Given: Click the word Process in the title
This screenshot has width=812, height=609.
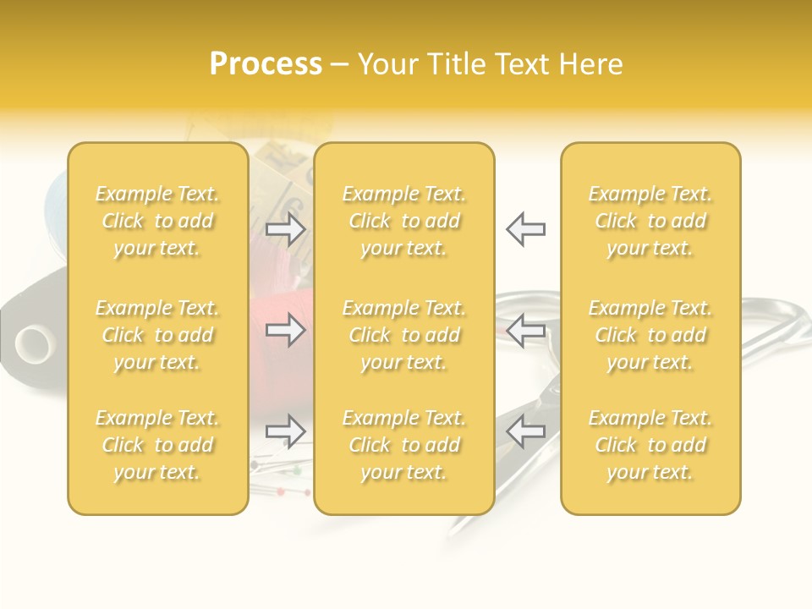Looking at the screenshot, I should tap(266, 64).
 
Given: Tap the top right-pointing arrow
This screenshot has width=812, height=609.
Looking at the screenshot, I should tap(286, 228).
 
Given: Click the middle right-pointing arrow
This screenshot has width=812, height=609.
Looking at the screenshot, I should tap(286, 330).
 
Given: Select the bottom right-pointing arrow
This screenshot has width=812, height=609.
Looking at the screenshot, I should tap(286, 431).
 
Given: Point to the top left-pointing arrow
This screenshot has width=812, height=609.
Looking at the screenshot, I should tap(525, 228).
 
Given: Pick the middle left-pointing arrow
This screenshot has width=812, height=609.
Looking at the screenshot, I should tap(525, 330).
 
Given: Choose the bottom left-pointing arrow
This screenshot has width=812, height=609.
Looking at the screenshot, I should tap(525, 431).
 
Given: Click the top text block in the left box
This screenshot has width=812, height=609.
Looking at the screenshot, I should tap(157, 221).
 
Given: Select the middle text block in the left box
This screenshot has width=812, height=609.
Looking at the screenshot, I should tap(157, 335).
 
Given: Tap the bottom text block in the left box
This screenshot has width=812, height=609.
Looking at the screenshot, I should tap(157, 445).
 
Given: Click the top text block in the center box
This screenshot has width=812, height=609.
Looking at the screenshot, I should tap(404, 221).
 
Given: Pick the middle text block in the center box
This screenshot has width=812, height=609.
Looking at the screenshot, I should tap(404, 335).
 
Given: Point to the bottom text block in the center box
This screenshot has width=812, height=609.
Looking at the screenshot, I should tap(404, 445).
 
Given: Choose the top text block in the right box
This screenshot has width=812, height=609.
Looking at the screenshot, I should tap(650, 221).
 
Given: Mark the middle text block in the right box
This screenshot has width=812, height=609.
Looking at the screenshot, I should tap(650, 335).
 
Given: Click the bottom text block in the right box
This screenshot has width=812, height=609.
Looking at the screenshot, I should tap(650, 445).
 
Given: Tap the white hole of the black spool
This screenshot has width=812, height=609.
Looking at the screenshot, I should tap(35, 343).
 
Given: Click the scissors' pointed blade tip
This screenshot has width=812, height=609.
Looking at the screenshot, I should tap(453, 532).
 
